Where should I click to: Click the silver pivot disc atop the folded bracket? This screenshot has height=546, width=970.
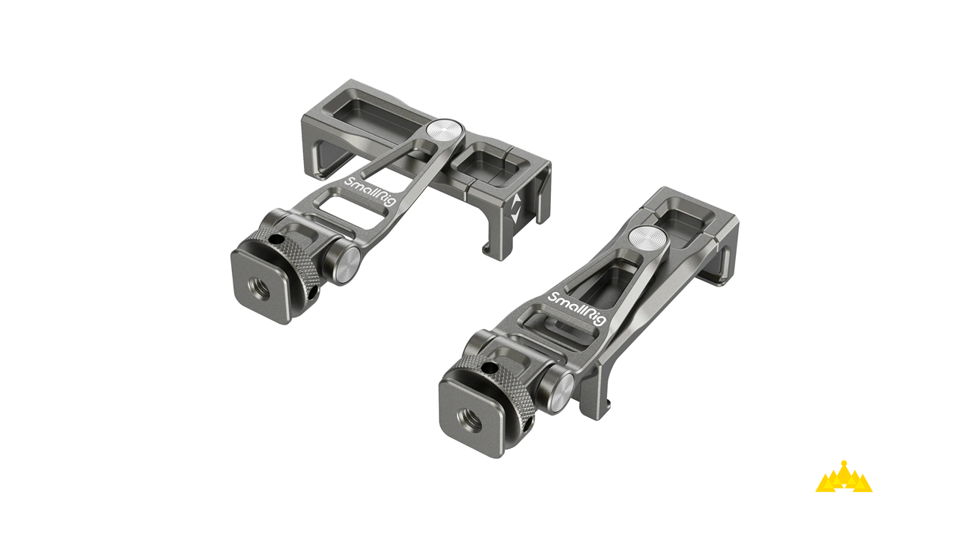tap(648, 237)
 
